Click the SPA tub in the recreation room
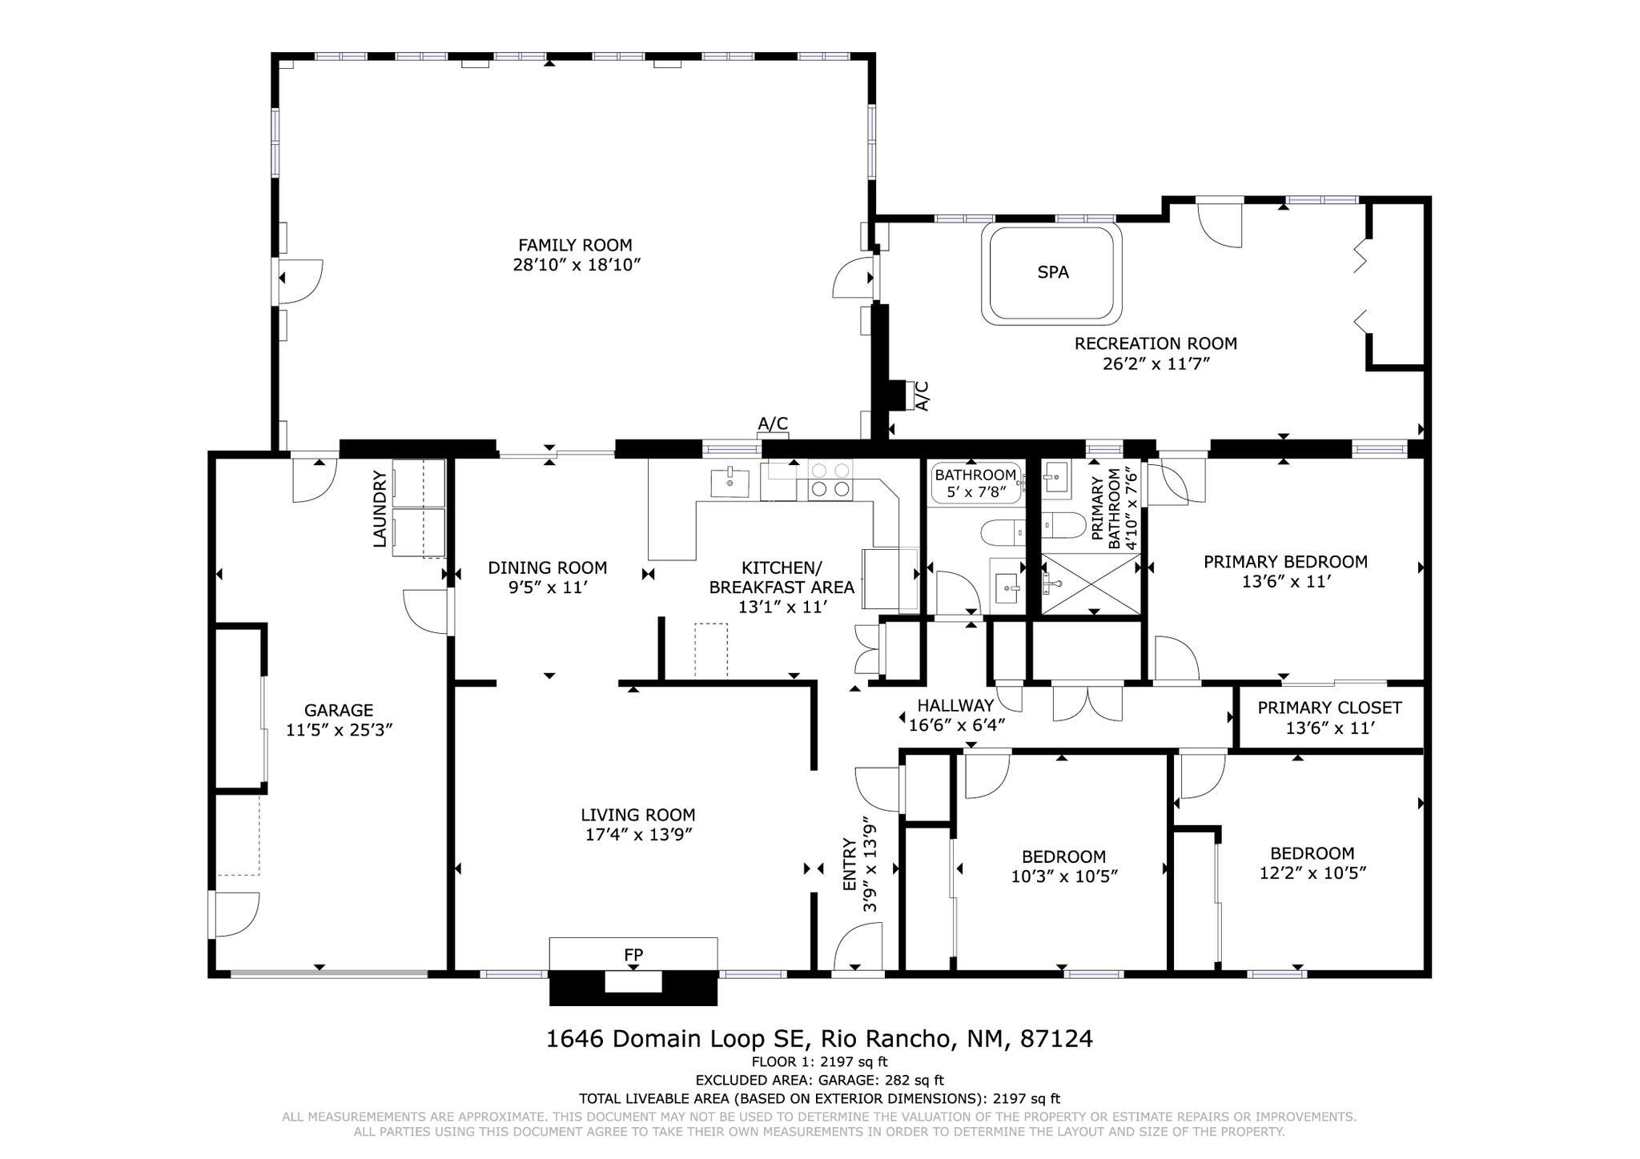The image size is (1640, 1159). [x=1052, y=275]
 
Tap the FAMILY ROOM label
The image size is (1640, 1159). [x=574, y=246]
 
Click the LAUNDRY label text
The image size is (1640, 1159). [x=380, y=509]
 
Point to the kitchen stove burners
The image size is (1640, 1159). [x=830, y=480]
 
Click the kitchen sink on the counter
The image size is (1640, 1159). [x=729, y=483]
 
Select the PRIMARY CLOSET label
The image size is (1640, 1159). [x=1328, y=708]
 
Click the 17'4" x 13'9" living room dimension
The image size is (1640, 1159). [x=637, y=835]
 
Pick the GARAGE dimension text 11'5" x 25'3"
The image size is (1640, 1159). [x=339, y=730]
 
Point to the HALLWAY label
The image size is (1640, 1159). [x=955, y=706]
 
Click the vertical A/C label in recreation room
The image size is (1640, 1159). [x=922, y=396]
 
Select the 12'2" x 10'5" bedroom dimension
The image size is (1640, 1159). [x=1312, y=872]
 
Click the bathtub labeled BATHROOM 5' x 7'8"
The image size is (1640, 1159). [x=975, y=483]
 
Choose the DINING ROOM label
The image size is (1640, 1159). [x=547, y=568]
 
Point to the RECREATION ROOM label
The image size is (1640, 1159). [x=1155, y=343]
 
